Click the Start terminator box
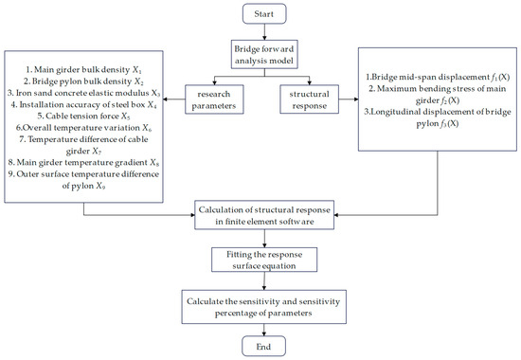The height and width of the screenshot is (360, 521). [260, 16]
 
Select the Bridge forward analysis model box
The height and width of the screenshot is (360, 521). [260, 54]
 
